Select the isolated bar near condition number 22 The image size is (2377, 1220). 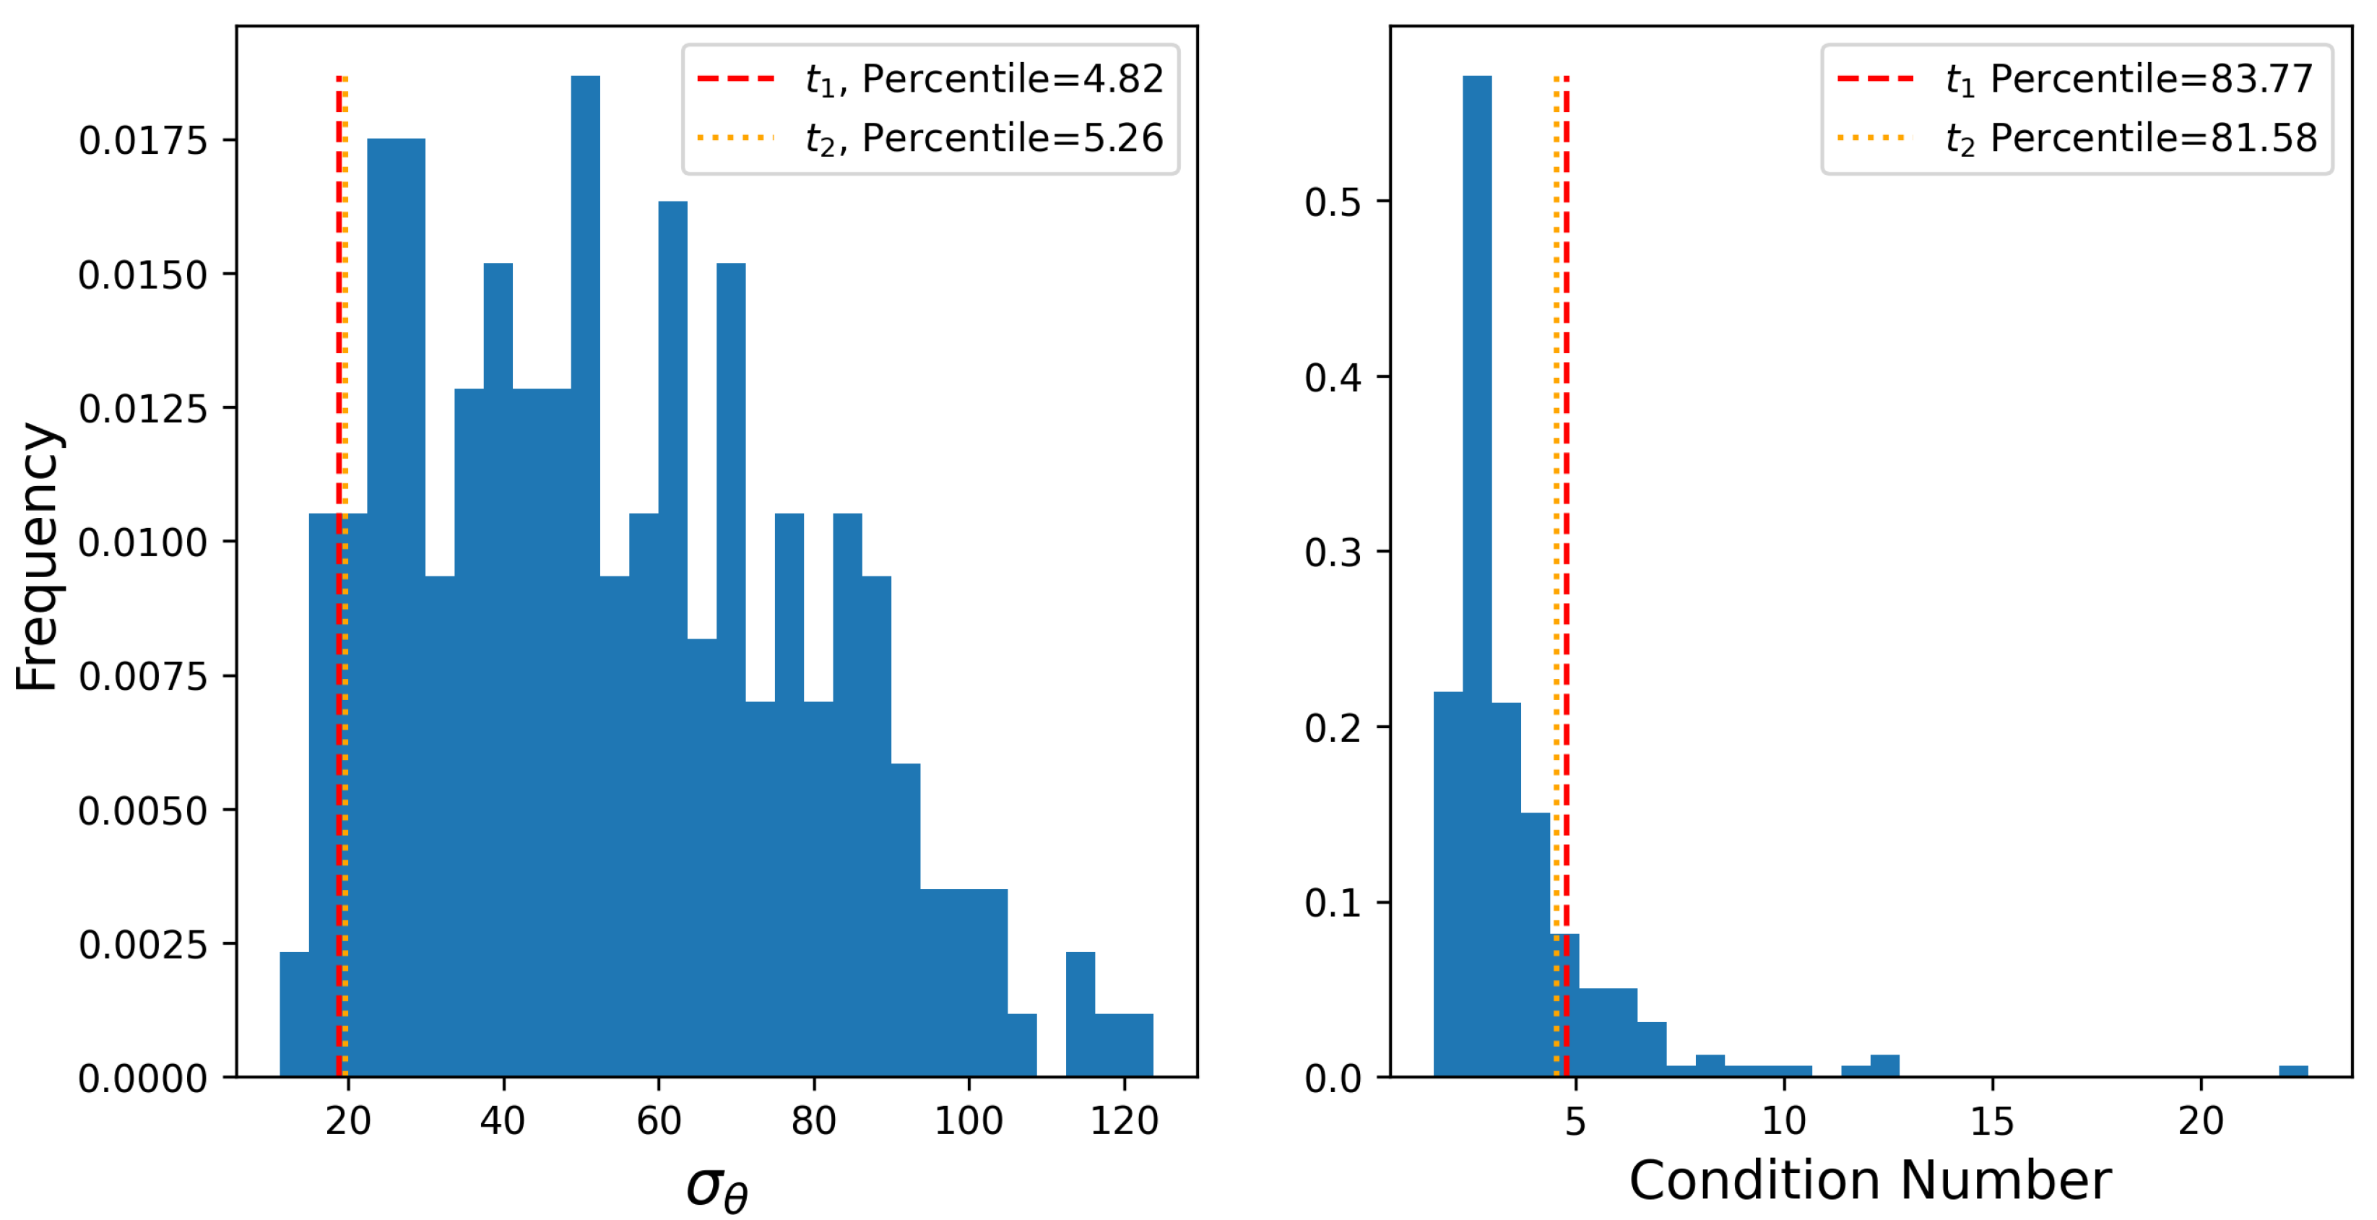(x=2294, y=1071)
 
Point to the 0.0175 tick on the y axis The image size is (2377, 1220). (x=143, y=140)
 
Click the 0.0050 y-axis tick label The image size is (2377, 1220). (x=143, y=811)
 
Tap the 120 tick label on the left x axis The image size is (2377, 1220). (x=1124, y=1121)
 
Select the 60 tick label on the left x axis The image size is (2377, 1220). (x=659, y=1121)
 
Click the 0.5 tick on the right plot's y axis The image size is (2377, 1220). (x=1333, y=202)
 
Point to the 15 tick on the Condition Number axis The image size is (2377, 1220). (x=1992, y=1121)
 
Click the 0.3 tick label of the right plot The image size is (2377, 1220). (x=1333, y=553)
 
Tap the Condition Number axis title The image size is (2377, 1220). (x=1871, y=1180)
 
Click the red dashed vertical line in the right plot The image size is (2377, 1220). (x=1567, y=462)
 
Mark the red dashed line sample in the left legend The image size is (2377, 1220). (x=735, y=79)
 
